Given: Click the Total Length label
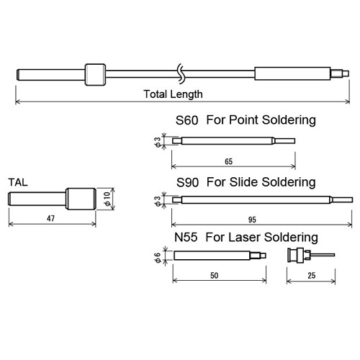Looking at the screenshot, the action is [173, 94].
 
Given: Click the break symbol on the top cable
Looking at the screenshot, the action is [181, 73].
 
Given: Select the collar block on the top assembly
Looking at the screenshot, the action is [95, 74].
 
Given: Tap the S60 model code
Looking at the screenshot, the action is [186, 120].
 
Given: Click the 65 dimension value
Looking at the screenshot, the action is [229, 161].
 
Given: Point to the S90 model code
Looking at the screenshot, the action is [187, 182].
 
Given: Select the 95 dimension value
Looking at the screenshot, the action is [252, 220].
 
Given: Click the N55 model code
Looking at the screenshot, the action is [186, 238].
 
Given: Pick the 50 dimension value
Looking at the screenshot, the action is [215, 276].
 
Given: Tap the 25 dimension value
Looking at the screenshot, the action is [312, 276].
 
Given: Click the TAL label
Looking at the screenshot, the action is [18, 182].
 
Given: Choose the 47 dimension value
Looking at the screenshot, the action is [50, 218].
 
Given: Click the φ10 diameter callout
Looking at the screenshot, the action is [107, 199].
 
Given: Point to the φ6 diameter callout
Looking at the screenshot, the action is [157, 258].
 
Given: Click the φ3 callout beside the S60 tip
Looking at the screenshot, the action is [157, 142].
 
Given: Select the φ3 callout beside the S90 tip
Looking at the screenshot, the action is [157, 201].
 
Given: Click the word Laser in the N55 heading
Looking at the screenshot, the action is [244, 238].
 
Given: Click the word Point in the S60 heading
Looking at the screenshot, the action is [243, 120].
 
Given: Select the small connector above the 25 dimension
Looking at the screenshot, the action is [311, 256].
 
